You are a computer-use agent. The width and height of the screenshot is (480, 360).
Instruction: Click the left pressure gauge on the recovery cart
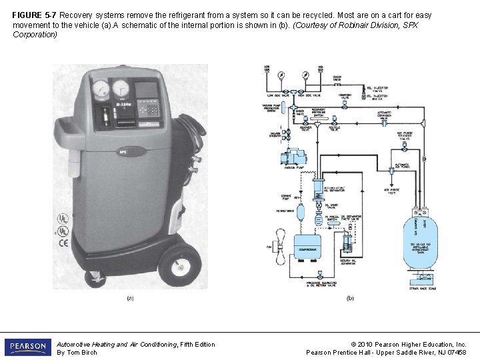coord(102,89)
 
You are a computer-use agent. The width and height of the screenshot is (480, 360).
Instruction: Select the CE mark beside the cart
coord(63,243)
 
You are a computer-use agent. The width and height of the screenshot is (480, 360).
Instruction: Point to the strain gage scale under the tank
coord(421,279)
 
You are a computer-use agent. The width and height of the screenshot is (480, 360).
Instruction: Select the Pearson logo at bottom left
coord(27,347)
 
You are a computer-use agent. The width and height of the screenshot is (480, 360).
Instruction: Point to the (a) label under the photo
coord(130,299)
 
